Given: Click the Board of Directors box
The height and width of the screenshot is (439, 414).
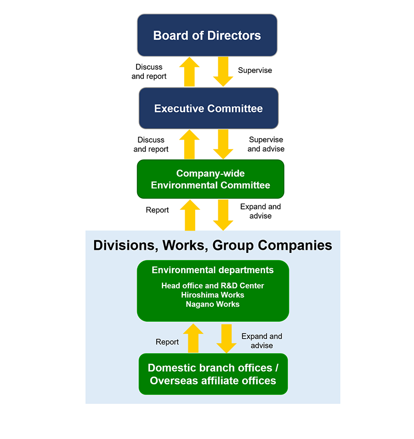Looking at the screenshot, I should (x=207, y=35).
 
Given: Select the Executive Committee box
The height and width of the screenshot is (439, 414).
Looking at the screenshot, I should (x=209, y=109).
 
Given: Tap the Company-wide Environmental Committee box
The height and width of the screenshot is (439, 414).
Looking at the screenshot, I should (x=210, y=179).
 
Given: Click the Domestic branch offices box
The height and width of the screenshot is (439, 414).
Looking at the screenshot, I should (x=213, y=374).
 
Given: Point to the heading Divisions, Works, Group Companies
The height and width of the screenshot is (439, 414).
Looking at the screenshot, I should (x=213, y=245).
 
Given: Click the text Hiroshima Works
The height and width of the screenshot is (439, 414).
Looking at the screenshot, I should (x=213, y=295).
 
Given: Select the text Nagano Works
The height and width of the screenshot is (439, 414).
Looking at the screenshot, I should (x=213, y=304).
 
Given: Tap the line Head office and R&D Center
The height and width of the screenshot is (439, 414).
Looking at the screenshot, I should (x=213, y=285).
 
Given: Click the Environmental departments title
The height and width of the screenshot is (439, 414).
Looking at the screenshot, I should (x=213, y=270).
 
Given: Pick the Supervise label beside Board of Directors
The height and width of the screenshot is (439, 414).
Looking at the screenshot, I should (x=255, y=70).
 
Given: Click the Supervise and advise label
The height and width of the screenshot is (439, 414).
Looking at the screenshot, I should (x=266, y=144).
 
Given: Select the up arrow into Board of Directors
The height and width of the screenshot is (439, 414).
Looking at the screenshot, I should (x=189, y=71).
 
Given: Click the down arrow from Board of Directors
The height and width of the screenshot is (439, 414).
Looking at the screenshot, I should (x=224, y=71).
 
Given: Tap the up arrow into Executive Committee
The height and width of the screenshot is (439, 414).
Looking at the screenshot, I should (x=189, y=144).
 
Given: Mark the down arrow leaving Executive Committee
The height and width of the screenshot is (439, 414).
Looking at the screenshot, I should (x=224, y=144).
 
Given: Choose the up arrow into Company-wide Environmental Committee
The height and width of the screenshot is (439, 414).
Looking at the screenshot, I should (x=189, y=215).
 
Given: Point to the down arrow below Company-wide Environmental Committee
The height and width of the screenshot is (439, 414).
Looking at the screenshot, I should (x=224, y=215).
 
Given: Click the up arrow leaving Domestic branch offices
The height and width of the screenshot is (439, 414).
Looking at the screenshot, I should (x=193, y=338).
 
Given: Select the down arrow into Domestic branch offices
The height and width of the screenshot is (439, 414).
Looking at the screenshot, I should (x=227, y=338).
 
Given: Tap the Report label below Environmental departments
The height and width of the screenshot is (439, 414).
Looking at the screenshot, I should (x=167, y=342).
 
